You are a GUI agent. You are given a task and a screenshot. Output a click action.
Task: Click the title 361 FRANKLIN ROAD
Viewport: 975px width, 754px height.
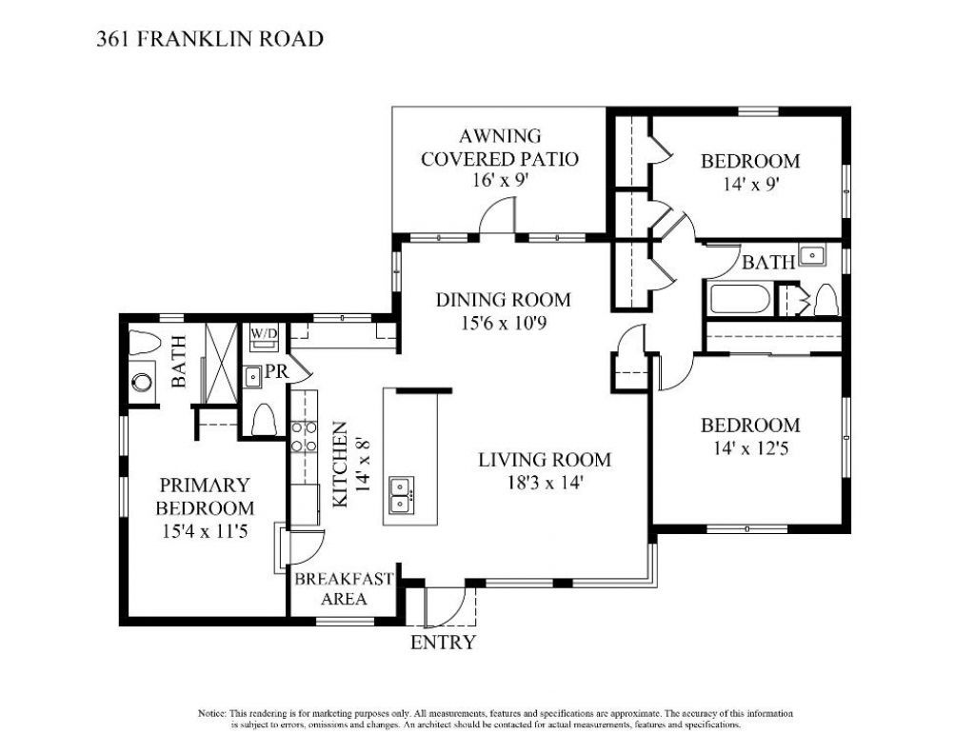(x=209, y=39)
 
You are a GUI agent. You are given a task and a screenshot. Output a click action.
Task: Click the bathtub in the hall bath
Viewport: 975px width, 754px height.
(x=739, y=300)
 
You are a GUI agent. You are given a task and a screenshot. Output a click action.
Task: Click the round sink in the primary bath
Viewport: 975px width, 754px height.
(x=141, y=383)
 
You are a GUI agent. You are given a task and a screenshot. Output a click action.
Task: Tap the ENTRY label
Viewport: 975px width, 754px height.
(x=442, y=643)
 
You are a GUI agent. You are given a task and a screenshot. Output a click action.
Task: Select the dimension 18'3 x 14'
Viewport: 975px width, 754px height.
(x=544, y=483)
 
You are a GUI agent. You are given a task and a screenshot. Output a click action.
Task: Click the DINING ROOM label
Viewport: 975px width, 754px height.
(x=503, y=301)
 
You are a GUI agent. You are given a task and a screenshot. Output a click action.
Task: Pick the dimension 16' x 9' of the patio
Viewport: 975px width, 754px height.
(x=499, y=182)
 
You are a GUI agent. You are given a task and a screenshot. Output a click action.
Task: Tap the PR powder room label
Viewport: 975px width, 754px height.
(x=277, y=372)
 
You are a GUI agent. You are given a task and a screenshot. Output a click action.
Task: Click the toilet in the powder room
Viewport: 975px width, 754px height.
(x=264, y=419)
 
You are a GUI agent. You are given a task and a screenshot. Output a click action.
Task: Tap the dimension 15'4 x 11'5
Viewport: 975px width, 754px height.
(x=205, y=532)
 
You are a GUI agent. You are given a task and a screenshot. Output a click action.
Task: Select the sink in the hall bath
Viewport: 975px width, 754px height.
(x=812, y=254)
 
